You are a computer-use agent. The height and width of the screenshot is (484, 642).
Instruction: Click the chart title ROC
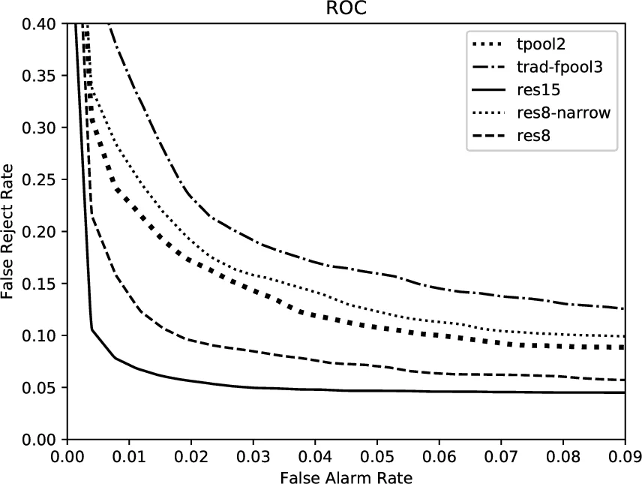(346, 10)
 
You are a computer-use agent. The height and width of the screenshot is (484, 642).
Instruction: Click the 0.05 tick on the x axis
(376, 455)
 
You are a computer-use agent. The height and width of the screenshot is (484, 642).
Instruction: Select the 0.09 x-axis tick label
(624, 455)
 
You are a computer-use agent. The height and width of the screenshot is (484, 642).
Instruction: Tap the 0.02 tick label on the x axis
(190, 455)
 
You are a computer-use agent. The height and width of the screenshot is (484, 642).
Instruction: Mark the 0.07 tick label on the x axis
(500, 455)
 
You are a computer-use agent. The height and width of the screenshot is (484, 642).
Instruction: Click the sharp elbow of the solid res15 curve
(92, 329)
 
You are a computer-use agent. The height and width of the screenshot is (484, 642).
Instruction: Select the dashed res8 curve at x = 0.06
(439, 374)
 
